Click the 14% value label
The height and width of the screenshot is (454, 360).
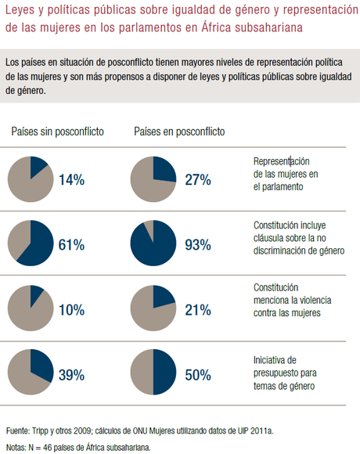coord(71,180)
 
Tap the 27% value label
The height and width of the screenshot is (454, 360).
coord(198,180)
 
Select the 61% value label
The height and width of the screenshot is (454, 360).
coord(71,245)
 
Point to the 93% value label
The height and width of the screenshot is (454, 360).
coord(198,245)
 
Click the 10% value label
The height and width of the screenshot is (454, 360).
coord(71,310)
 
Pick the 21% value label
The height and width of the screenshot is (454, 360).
coord(198,310)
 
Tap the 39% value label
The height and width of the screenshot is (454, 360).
coord(71,375)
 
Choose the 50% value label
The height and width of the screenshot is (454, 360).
coord(198,375)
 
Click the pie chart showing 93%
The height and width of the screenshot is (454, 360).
coord(153,243)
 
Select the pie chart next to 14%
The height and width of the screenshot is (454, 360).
coord(30,179)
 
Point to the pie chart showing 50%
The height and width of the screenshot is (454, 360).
coord(153,373)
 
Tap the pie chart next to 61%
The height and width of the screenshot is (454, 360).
coord(30,243)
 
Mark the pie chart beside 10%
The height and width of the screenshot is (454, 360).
coord(30,308)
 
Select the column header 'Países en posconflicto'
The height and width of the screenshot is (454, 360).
coord(179,132)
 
